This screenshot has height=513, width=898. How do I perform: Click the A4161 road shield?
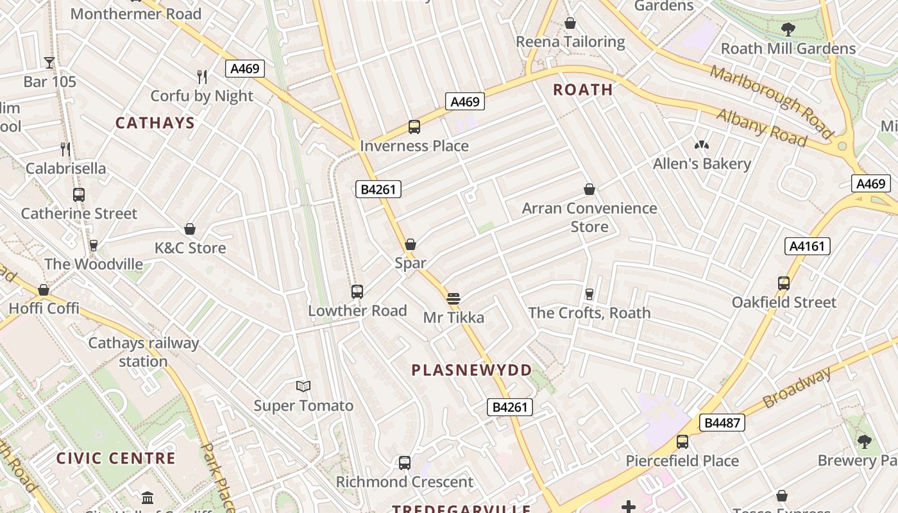[x=808, y=246]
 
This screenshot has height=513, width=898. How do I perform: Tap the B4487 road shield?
[x=722, y=423]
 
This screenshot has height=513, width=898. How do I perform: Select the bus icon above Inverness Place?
[x=414, y=127]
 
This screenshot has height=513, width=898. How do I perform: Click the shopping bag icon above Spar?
[x=411, y=244]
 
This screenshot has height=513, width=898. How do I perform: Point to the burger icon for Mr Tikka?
[x=453, y=298]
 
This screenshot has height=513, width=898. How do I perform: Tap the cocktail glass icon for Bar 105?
[x=49, y=62]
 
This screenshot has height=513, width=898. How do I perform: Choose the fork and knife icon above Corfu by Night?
[x=202, y=77]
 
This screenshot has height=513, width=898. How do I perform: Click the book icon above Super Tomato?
[x=303, y=386]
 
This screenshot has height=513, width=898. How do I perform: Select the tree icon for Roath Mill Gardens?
[x=788, y=29]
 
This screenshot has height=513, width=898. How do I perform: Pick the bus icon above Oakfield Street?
[x=783, y=283]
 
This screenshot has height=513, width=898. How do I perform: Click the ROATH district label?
[x=583, y=90]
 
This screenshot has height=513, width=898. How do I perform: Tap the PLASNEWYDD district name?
[x=471, y=370]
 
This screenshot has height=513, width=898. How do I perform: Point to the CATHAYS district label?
[x=155, y=123]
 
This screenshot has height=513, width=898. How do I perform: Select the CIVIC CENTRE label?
[x=115, y=458]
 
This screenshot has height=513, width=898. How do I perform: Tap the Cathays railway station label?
[x=143, y=352]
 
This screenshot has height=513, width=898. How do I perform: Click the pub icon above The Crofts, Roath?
[x=589, y=294]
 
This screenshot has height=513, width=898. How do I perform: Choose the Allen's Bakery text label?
[x=702, y=164]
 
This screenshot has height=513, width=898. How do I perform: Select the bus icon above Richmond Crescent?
[x=404, y=463]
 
